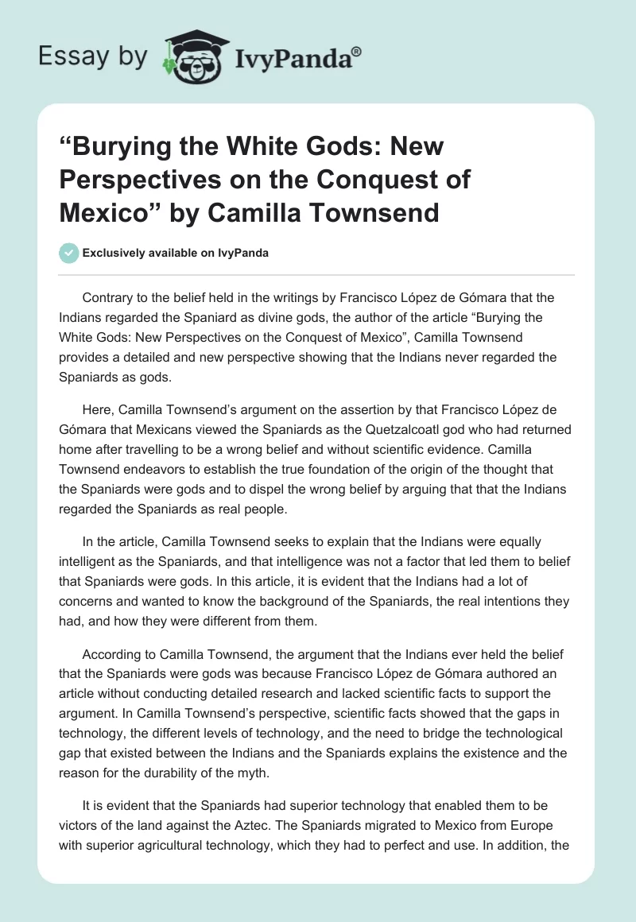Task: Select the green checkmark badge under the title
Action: (69, 253)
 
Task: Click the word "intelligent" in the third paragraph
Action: (95, 561)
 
